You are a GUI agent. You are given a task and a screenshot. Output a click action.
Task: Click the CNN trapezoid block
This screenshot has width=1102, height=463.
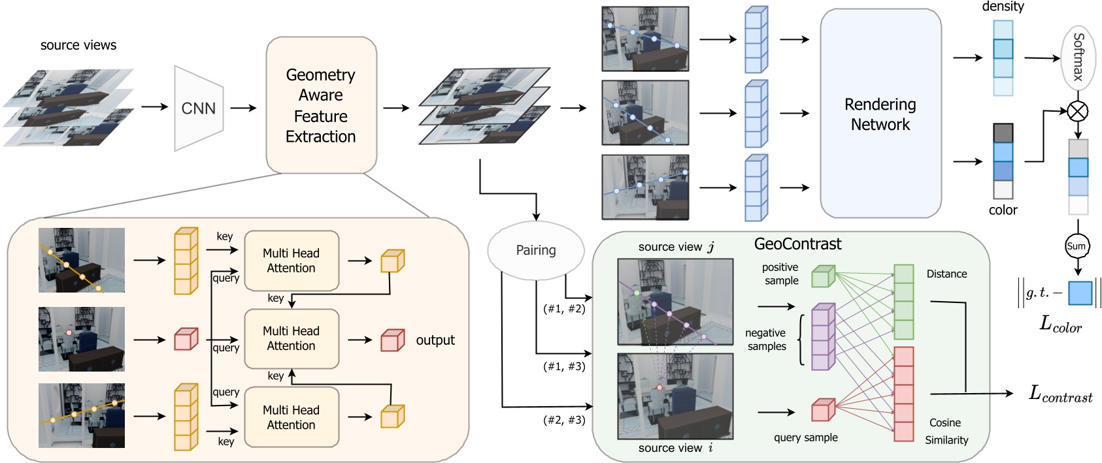(199, 108)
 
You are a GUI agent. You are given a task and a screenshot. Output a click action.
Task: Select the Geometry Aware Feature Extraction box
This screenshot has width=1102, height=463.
(321, 106)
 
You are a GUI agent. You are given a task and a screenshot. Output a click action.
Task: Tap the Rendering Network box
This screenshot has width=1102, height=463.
(880, 114)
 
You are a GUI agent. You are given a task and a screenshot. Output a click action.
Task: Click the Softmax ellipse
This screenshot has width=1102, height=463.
(1078, 57)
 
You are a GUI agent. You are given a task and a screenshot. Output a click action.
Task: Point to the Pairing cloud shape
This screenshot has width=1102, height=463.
(536, 250)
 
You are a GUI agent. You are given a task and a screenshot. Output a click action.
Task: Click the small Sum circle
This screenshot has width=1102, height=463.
(1076, 246)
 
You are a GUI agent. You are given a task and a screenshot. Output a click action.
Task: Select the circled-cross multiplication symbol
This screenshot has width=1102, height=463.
(1078, 111)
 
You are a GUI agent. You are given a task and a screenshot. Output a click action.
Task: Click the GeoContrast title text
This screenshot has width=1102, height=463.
(797, 244)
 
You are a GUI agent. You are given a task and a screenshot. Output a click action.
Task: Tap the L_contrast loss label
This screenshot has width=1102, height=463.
(1060, 394)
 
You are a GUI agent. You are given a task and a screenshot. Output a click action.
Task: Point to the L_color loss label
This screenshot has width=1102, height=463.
(1060, 325)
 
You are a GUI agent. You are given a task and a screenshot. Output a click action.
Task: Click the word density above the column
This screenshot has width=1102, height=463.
(1003, 7)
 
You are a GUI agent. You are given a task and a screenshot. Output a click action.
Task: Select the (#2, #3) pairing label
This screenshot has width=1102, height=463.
(564, 420)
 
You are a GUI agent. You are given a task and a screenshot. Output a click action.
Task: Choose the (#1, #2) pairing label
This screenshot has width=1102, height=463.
(564, 309)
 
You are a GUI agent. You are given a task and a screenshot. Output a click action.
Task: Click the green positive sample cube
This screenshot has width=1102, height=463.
(823, 276)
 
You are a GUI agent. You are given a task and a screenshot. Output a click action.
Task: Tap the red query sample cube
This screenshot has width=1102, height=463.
(823, 409)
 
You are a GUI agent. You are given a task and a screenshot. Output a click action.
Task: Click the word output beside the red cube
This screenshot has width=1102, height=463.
(435, 340)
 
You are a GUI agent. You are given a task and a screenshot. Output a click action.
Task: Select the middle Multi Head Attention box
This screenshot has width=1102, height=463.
(292, 339)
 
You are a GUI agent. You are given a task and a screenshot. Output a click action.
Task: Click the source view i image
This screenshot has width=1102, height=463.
(675, 396)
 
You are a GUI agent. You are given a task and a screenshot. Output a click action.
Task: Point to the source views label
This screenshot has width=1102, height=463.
(78, 45)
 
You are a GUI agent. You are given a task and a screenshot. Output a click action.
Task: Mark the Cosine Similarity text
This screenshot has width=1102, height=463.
(946, 432)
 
